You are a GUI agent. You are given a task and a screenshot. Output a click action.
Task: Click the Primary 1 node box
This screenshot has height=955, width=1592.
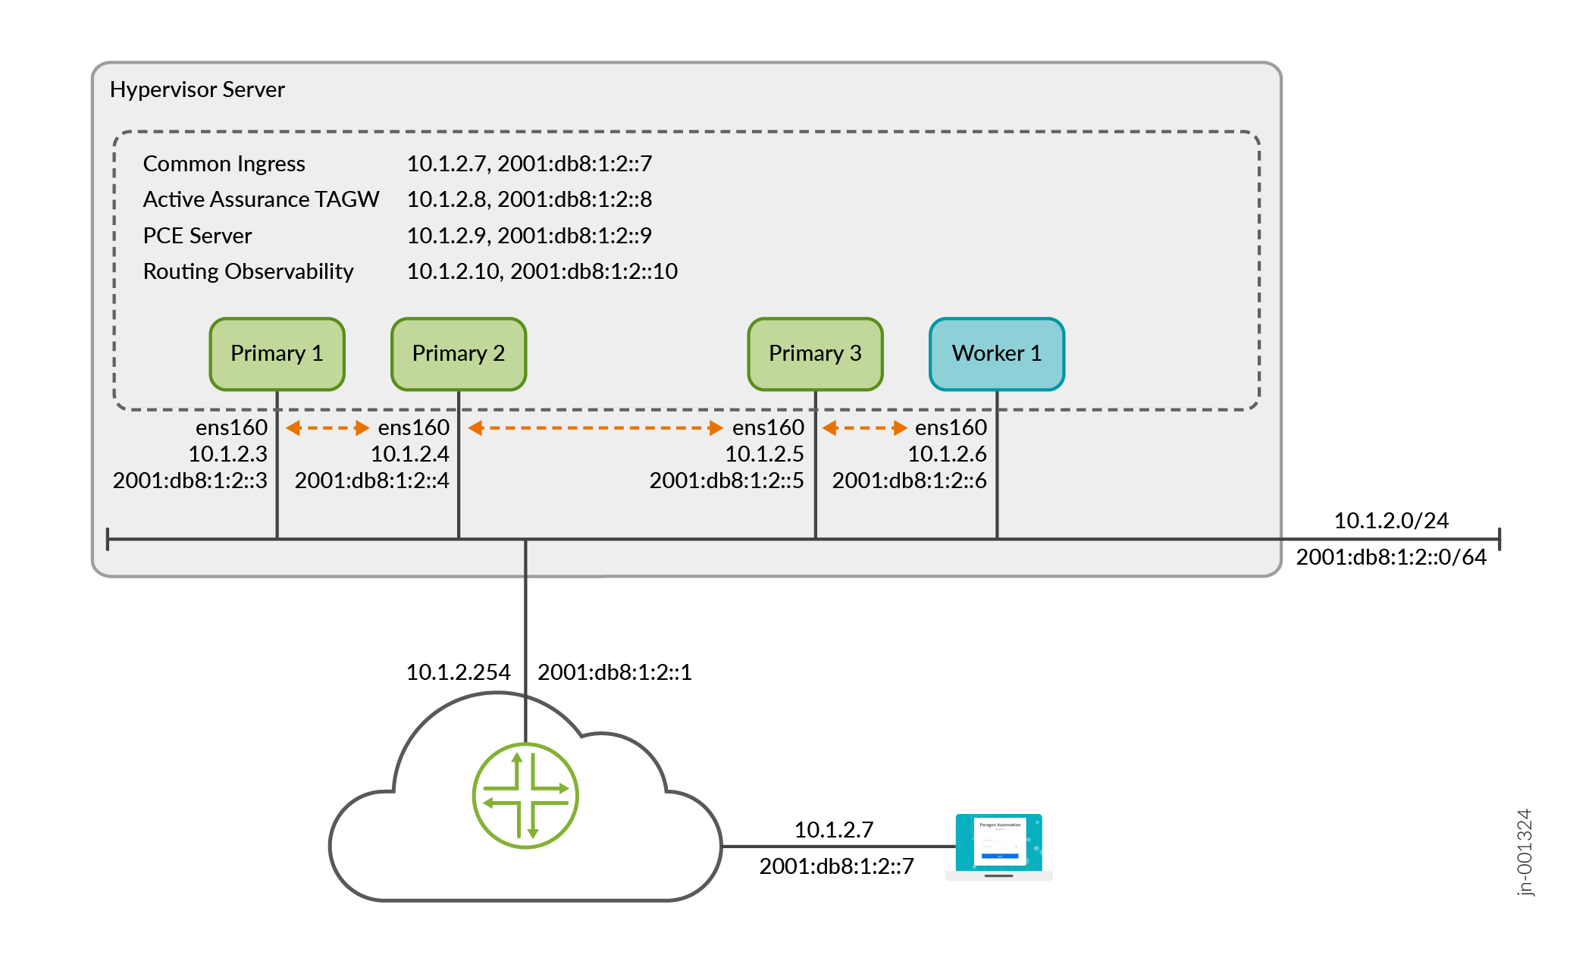[277, 354]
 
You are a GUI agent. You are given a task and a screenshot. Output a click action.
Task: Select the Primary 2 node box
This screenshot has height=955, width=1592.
[459, 354]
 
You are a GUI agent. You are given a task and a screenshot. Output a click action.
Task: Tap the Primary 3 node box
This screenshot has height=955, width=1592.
[815, 354]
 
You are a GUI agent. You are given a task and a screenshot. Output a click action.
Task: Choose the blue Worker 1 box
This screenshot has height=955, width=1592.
[996, 354]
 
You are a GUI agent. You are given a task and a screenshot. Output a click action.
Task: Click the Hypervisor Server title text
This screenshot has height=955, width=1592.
[197, 89]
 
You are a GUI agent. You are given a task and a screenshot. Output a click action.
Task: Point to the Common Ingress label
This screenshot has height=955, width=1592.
[224, 164]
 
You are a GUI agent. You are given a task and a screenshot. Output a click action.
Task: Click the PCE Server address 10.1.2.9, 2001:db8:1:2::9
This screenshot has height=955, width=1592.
[529, 236]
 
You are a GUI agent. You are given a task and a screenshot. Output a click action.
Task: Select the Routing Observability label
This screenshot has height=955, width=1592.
[248, 271]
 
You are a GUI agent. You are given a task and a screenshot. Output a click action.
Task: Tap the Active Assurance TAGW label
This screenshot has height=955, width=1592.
[261, 199]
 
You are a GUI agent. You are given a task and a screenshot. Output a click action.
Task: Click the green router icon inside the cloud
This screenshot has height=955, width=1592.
[525, 795]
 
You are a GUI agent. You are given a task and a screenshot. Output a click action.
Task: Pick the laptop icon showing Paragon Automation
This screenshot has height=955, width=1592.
[998, 845]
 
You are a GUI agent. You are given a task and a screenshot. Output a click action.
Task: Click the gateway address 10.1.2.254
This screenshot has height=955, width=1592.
[458, 672]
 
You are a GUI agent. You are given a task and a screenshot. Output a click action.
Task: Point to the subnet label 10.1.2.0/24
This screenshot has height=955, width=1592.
[1390, 521]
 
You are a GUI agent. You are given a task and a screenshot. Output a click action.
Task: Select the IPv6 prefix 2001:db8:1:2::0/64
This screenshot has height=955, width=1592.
[1390, 557]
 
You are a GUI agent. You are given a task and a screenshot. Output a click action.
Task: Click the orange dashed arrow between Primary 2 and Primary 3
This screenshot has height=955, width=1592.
[595, 428]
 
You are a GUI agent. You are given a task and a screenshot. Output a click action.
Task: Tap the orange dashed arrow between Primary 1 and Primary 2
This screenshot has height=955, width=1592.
[327, 428]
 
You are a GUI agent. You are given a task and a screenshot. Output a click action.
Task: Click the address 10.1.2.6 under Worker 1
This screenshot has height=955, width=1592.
[947, 454]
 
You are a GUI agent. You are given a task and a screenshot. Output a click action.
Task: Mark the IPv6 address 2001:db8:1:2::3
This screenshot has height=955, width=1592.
[190, 481]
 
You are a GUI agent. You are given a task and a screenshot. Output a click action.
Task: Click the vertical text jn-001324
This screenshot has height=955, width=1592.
[1525, 852]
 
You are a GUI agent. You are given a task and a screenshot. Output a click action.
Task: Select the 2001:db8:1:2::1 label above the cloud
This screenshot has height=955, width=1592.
[614, 672]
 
